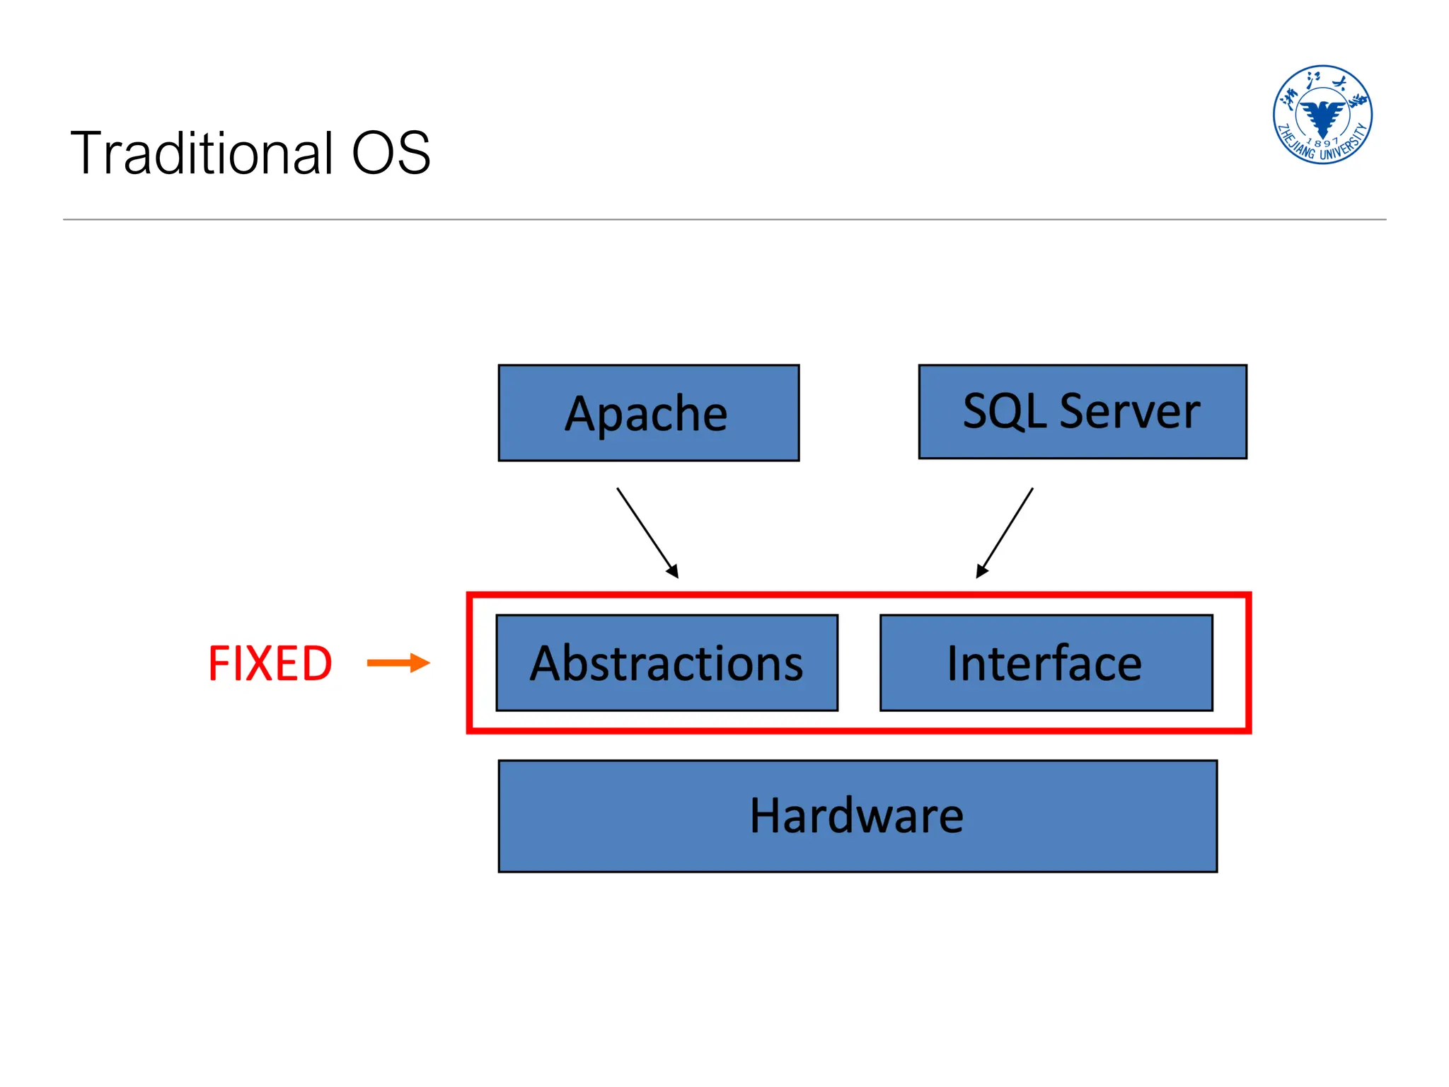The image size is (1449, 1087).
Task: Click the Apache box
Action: click(648, 413)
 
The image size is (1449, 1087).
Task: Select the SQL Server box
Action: click(1082, 412)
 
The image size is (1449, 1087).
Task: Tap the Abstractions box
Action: click(666, 663)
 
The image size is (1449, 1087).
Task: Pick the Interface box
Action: click(1046, 663)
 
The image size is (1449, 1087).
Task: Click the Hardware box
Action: click(857, 816)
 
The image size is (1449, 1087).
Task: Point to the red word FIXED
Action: click(270, 664)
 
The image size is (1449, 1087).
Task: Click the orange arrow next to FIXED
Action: click(398, 663)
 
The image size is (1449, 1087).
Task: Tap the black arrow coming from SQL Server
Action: click(1006, 531)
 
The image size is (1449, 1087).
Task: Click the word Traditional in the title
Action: click(202, 154)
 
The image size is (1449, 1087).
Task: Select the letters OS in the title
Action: click(391, 154)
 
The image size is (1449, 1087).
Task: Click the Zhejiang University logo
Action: click(1322, 115)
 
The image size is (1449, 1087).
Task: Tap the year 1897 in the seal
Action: click(1322, 142)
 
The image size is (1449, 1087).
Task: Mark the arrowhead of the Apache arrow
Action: click(674, 571)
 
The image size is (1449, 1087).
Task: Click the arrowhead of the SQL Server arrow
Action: click(981, 570)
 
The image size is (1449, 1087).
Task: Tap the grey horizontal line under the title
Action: click(724, 219)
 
